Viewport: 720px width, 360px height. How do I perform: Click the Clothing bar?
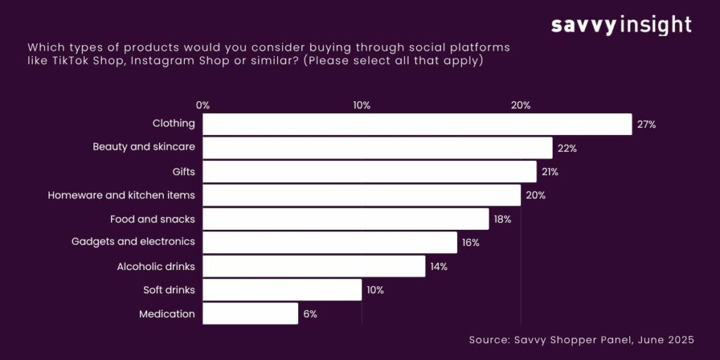(x=417, y=124)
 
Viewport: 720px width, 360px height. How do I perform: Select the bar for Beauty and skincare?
(x=378, y=148)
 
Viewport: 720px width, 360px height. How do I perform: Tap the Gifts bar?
(x=369, y=172)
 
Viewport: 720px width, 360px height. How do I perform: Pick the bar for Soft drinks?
(x=282, y=290)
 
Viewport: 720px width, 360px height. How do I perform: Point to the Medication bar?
(x=250, y=314)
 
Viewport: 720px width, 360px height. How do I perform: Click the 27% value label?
(x=646, y=124)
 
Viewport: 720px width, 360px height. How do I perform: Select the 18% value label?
(x=502, y=219)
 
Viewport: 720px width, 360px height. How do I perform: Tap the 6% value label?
(x=310, y=314)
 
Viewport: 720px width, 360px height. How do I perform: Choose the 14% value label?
(x=438, y=266)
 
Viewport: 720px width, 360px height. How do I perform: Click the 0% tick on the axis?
(x=202, y=105)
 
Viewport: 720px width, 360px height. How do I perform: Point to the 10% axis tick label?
(x=361, y=105)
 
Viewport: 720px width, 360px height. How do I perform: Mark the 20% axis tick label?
(x=520, y=105)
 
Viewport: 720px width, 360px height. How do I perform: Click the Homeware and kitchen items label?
(x=121, y=195)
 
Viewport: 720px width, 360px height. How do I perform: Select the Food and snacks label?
(x=153, y=219)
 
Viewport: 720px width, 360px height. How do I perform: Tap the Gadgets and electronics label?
(x=133, y=243)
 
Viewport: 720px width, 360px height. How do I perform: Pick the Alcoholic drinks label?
(x=155, y=266)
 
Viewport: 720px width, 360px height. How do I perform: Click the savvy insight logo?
(x=621, y=26)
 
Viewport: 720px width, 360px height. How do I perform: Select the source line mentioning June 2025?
(x=581, y=340)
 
